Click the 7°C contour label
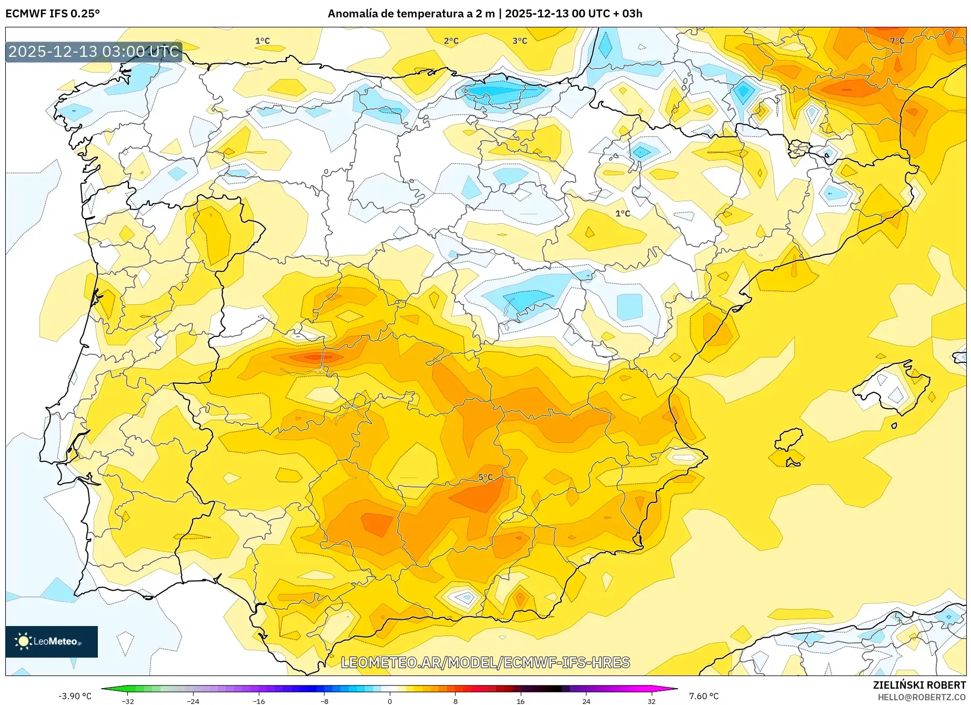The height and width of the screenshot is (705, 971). pos(897,41)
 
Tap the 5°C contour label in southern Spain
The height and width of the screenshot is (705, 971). pos(485,478)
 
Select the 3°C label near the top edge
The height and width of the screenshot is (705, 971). pos(519,41)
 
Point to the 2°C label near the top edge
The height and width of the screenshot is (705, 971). pos(451,41)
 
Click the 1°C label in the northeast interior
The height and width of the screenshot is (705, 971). pos(622,213)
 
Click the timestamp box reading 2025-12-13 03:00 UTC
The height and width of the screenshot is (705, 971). pos(94,52)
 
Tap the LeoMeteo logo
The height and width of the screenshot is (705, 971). pos(51,641)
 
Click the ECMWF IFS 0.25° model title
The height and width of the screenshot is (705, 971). pos(53,14)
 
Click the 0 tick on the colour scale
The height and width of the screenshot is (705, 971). pos(390,701)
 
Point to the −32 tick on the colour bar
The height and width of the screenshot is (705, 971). pos(128,701)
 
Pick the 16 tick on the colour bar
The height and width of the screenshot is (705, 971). pos(520,701)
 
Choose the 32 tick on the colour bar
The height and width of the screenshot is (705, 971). pos(651,701)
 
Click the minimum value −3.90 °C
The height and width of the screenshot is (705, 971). pos(75,696)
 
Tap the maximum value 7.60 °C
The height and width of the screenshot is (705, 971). pos(704,696)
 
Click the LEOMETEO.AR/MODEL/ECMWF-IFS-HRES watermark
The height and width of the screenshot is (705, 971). pos(485,662)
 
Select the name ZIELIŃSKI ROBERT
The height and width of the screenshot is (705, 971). pos(919,685)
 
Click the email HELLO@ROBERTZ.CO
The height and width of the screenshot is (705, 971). pos(921,697)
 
